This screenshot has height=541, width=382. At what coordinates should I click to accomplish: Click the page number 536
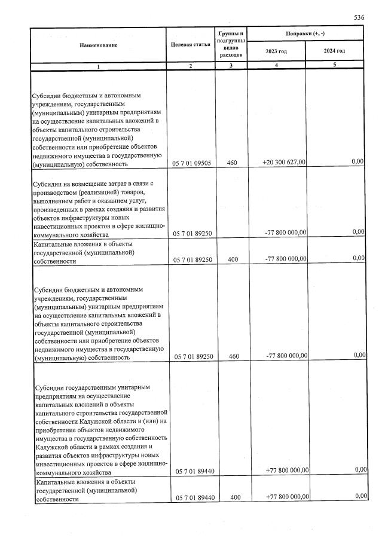(359, 18)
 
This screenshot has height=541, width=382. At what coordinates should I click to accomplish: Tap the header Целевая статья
(190, 45)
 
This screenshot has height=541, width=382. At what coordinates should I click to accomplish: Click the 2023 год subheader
(276, 51)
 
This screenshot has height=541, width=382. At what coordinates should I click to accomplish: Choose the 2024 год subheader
(334, 51)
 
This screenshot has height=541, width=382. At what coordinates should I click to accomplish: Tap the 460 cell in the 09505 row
(231, 163)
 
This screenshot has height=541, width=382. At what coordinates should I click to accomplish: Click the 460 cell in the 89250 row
(231, 356)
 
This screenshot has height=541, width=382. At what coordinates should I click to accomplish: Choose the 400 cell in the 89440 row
(231, 497)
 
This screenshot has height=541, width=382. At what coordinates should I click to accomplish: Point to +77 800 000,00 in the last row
(286, 497)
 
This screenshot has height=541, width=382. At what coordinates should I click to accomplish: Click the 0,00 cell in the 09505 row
(357, 162)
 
